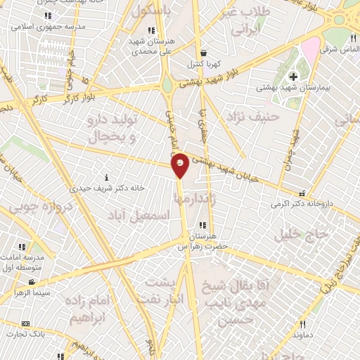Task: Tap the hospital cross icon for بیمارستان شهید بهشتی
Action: click(292, 76)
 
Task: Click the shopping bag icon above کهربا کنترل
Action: click(203, 53)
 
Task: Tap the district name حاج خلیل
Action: click(302, 234)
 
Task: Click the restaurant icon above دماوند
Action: click(303, 324)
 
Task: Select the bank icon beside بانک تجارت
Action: click(26, 323)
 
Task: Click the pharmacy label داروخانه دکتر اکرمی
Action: click(302, 204)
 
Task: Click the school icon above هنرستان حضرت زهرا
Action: click(203, 225)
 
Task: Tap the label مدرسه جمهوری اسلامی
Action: click(49, 26)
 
